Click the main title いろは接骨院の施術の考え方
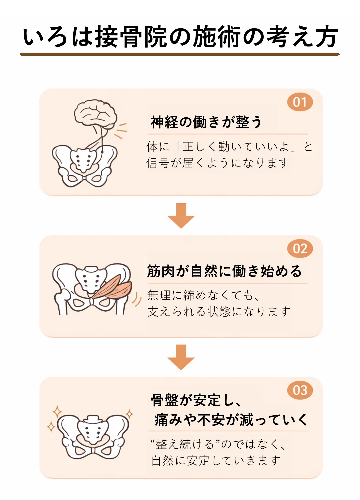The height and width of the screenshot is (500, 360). tap(180, 37)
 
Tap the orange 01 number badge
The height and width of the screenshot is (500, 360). tap(300, 102)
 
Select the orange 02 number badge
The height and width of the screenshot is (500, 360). tap(300, 249)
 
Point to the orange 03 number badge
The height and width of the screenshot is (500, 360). tap(300, 390)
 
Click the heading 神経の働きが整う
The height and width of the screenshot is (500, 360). tap(206, 122)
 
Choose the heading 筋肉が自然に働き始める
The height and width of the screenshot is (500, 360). tap(224, 271)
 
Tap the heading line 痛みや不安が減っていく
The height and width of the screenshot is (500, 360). tap(231, 420)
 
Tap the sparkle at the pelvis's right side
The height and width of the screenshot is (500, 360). tap(129, 414)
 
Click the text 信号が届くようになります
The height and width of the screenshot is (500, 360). tap(218, 163)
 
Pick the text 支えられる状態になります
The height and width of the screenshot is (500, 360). tap(219, 312)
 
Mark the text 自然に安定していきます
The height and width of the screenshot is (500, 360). tap(216, 461)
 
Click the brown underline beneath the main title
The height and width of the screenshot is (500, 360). tap(180, 54)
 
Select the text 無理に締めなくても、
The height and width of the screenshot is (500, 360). tap(203, 295)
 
